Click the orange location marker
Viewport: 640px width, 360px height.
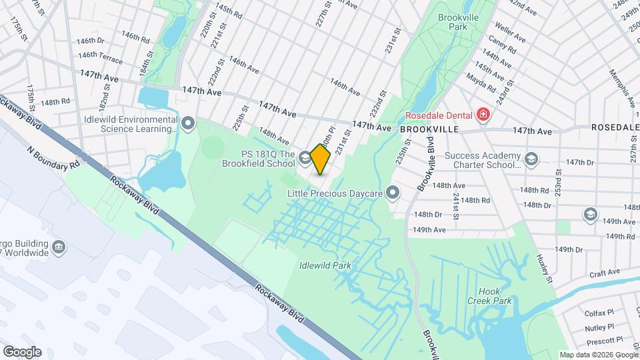pos(320,159)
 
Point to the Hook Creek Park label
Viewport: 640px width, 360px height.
pos(494,296)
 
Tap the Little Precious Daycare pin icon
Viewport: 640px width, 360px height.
pos(393,193)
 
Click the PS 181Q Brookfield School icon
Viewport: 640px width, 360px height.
pos(304,158)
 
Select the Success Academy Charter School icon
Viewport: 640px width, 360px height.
pos(531,159)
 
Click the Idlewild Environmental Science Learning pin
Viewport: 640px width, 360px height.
pos(188,123)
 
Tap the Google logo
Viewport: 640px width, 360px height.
pos(22,351)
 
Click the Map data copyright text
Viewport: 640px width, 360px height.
pos(598,355)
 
